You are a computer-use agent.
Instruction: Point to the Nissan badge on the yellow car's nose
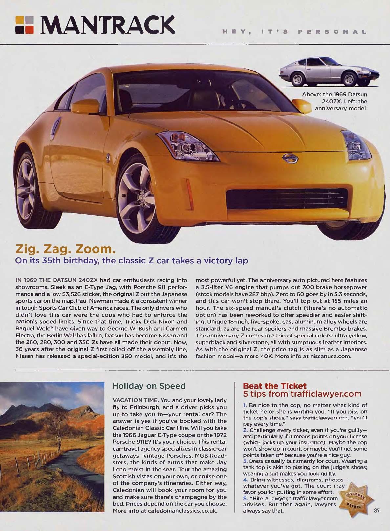click(291, 159)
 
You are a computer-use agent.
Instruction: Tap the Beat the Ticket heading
click(274, 386)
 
